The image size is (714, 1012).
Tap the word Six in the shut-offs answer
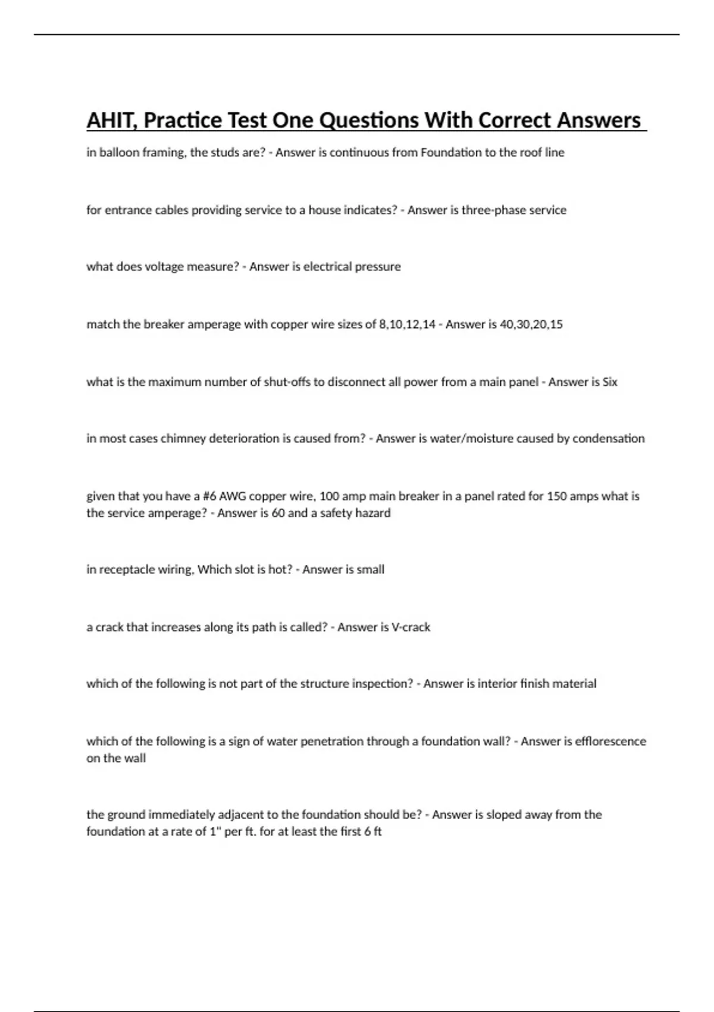click(x=610, y=382)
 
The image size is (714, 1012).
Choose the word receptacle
click(x=127, y=570)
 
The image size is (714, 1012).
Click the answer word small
click(x=370, y=570)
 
